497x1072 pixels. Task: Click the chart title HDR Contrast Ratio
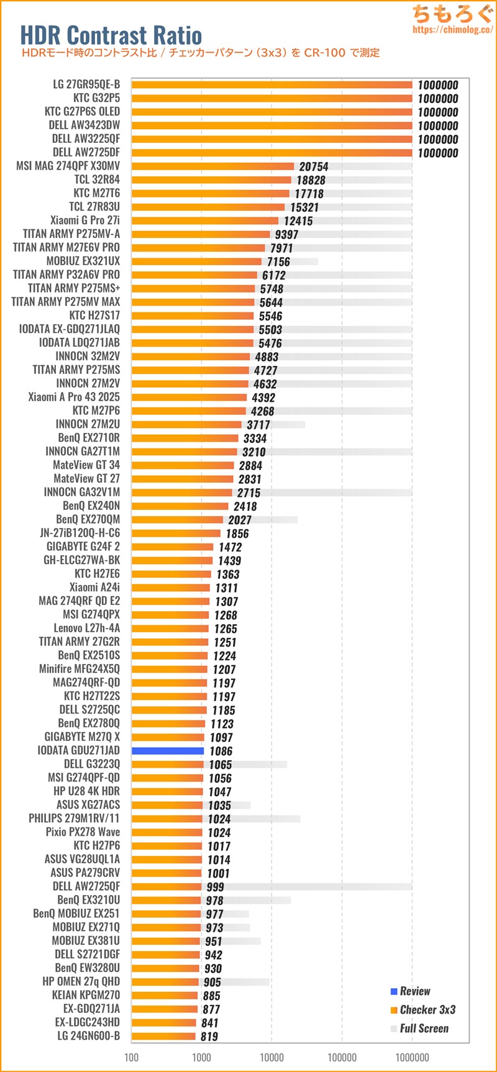[111, 35]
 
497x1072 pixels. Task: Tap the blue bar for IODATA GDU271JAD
[168, 751]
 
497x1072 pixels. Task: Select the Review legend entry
[414, 991]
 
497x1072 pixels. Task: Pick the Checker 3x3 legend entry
[427, 1010]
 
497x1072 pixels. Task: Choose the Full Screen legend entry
[424, 1029]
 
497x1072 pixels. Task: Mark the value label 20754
[314, 166]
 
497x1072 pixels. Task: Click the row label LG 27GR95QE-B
[86, 84]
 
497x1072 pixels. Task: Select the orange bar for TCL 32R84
[211, 180]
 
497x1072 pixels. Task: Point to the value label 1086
[221, 752]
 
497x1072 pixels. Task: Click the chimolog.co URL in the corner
[452, 29]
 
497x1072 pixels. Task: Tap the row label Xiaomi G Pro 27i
[85, 220]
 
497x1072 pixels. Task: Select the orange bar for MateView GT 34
[183, 465]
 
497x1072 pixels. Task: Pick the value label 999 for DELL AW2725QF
[215, 887]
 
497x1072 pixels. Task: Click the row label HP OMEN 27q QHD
[81, 981]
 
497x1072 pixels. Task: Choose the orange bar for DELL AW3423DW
[271, 125]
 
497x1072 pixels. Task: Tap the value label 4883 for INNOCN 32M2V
[267, 357]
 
